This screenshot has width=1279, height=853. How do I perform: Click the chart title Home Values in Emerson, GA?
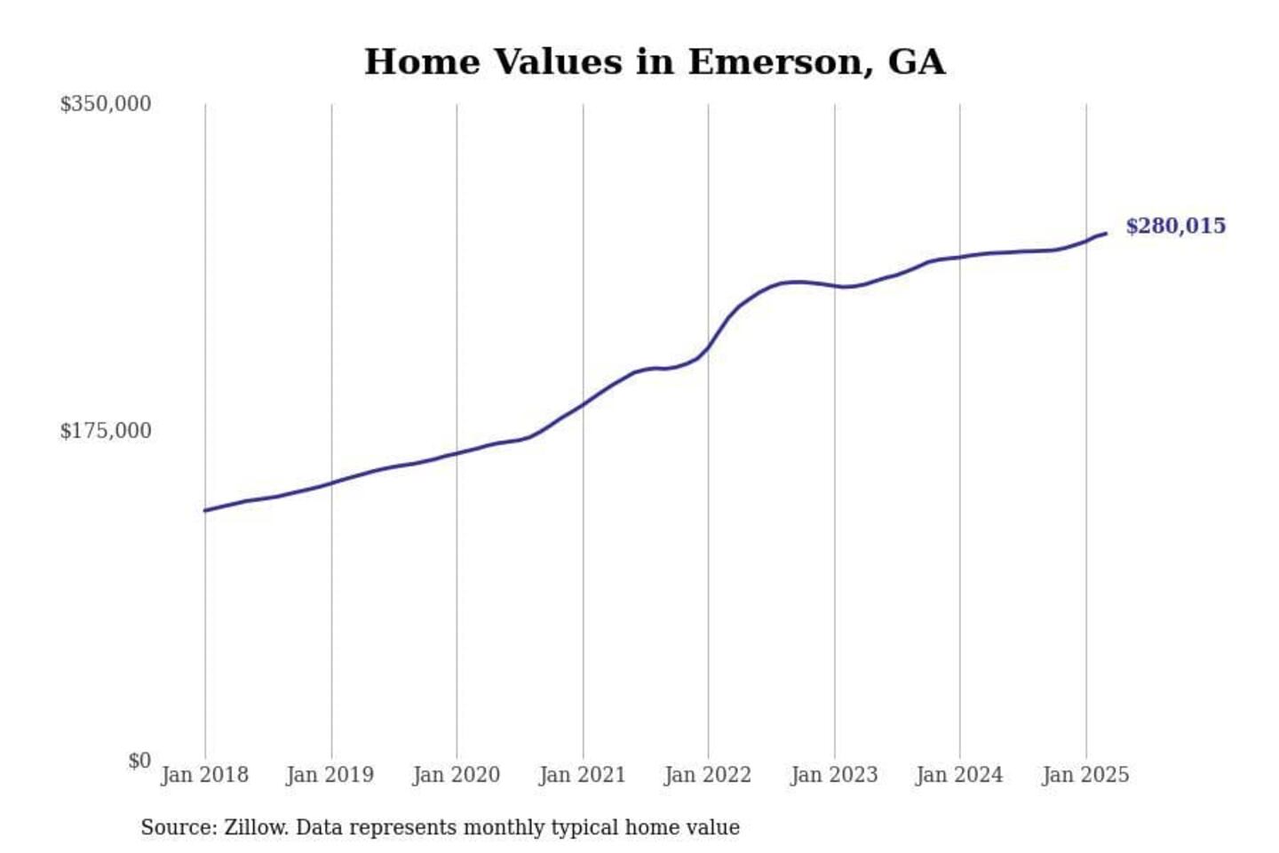[x=655, y=62]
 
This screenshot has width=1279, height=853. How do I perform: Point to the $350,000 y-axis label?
[x=105, y=104]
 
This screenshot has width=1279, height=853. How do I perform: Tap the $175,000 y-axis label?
[x=105, y=431]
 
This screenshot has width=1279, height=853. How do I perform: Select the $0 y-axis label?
[x=139, y=761]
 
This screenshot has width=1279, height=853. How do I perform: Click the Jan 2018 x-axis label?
[x=204, y=775]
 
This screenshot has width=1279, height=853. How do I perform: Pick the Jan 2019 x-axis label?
[x=330, y=775]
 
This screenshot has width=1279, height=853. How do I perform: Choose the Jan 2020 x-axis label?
[x=457, y=775]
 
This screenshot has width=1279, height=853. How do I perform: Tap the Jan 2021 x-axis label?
[x=583, y=775]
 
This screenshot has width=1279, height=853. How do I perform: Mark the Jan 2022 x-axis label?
[x=708, y=775]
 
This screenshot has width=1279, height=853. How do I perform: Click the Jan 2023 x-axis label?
[x=834, y=775]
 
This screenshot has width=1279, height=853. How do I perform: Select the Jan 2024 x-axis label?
[x=959, y=775]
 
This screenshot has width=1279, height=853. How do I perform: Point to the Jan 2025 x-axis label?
[x=1085, y=775]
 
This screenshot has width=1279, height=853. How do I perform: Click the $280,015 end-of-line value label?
[x=1175, y=226]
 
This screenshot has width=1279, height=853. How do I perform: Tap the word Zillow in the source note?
[x=256, y=827]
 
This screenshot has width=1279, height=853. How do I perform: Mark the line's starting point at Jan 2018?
[x=205, y=510]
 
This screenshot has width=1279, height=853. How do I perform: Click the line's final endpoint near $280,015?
[x=1106, y=233]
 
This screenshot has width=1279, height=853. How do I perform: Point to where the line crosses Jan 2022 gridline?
[x=709, y=347]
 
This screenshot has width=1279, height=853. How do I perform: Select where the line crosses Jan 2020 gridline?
[x=457, y=453]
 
